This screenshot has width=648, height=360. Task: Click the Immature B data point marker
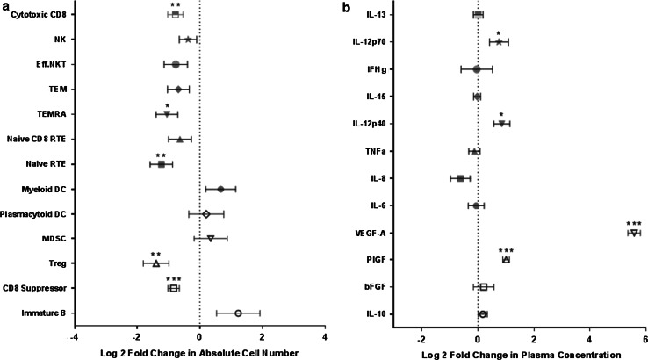[238, 313]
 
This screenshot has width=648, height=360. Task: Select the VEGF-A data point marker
[634, 233]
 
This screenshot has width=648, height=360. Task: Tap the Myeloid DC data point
[221, 189]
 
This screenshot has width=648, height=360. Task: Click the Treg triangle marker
[156, 263]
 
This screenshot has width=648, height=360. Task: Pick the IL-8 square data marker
[460, 178]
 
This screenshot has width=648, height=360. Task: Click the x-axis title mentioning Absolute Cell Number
[200, 352]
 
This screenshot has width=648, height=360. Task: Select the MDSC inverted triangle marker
[211, 238]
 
